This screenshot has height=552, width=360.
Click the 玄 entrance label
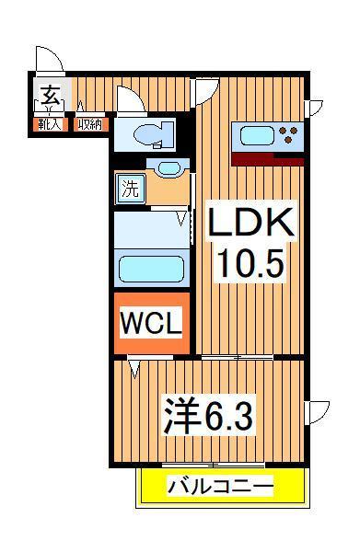click(51, 95)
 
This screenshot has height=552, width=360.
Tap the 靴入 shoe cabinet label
click(50, 123)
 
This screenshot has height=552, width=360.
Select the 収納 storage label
click(89, 123)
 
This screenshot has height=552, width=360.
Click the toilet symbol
click(152, 134)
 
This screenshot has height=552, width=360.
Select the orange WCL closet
click(152, 323)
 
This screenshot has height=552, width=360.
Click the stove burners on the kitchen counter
click(290, 136)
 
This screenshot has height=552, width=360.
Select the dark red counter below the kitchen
click(267, 158)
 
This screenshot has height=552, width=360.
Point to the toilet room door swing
click(131, 100)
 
